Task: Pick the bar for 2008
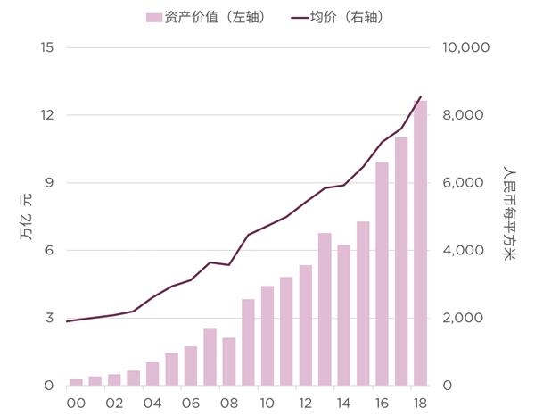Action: coord(229,362)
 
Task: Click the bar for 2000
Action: coord(77,382)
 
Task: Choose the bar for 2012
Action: coord(306,325)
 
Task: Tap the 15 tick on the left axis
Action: coord(47,47)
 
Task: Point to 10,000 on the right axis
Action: coord(466,47)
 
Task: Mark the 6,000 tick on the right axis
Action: coord(463,183)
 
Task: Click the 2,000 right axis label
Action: coord(463,318)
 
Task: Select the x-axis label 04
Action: coord(152,403)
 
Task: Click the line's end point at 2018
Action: coord(420,96)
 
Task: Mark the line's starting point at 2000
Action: coord(68,320)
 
